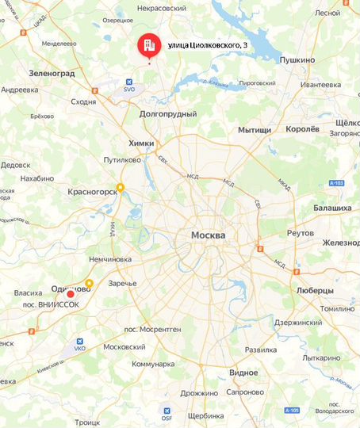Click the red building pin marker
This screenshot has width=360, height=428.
(x=147, y=46)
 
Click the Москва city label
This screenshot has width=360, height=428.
(x=208, y=236)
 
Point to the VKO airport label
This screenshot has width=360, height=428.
(x=79, y=348)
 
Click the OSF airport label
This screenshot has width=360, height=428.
(x=166, y=419)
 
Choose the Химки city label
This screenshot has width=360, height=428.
(x=140, y=143)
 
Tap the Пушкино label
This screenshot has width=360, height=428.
(x=298, y=59)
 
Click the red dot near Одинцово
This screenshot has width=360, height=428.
(x=71, y=295)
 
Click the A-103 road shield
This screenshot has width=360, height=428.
(x=335, y=183)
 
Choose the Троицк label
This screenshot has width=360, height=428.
(x=88, y=423)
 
